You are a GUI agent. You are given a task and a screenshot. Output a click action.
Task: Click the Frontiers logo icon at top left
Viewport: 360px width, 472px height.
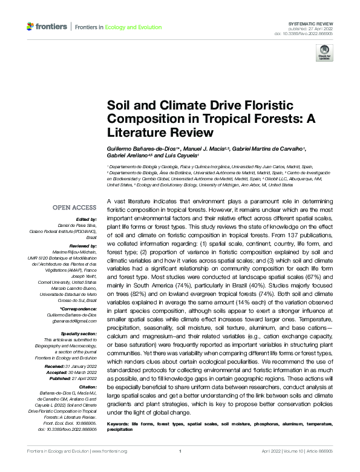31,26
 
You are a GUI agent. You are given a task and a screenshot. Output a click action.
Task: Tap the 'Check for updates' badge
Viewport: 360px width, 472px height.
324,53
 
